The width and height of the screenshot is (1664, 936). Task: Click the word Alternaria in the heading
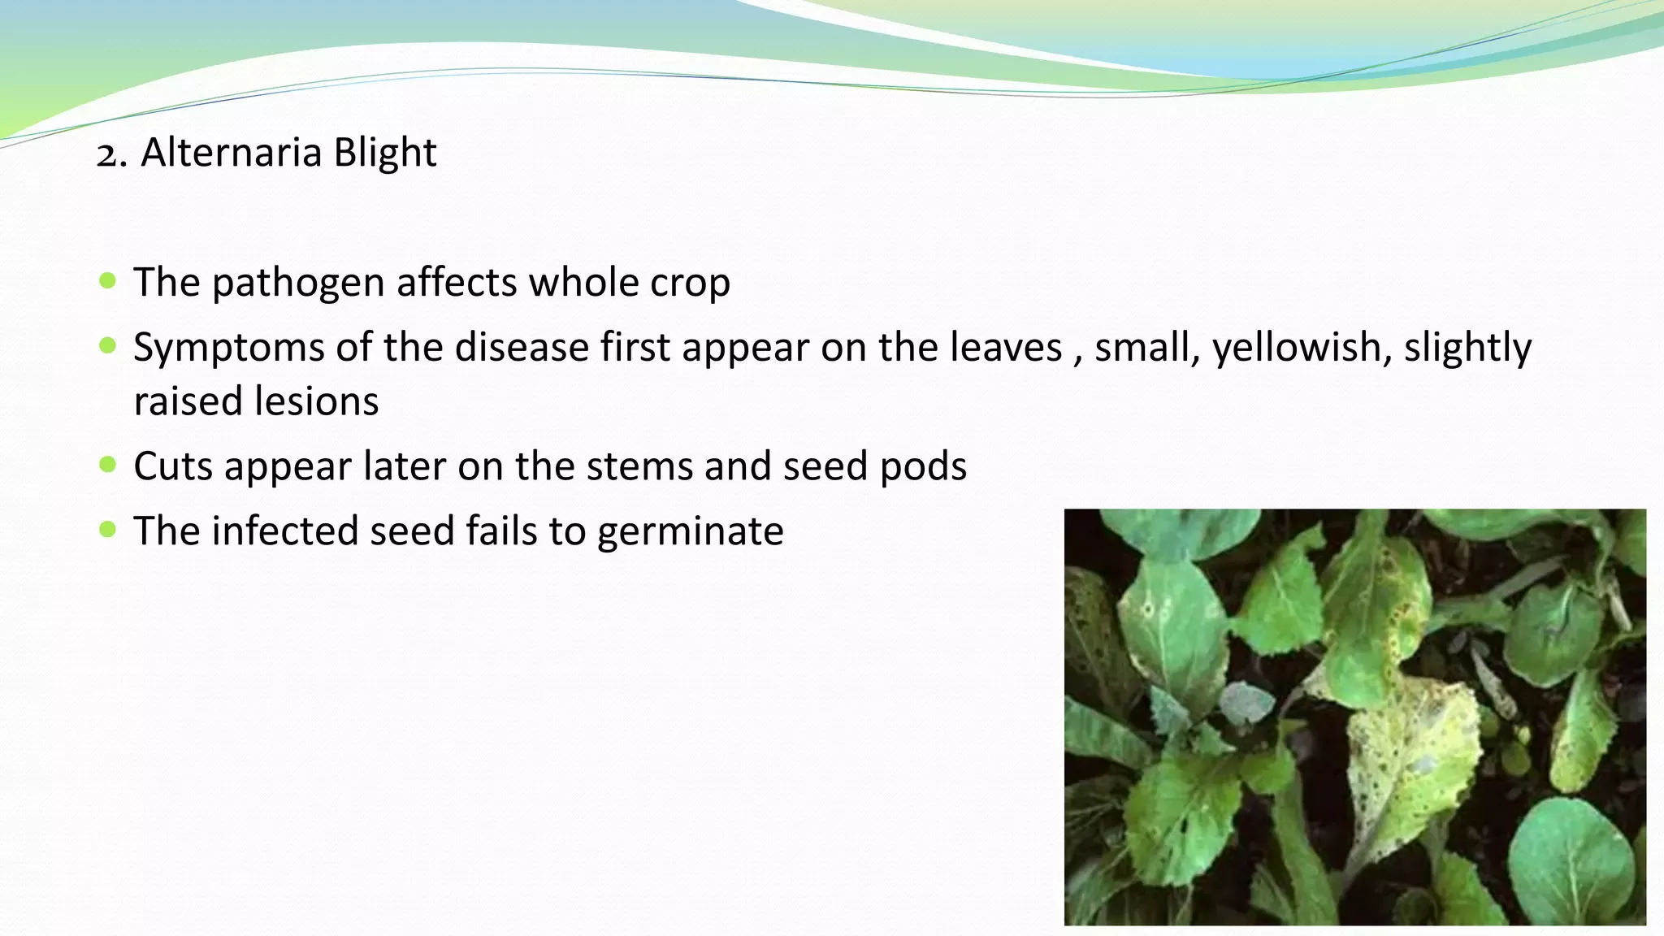pos(231,153)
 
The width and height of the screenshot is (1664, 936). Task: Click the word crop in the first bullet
pos(690,284)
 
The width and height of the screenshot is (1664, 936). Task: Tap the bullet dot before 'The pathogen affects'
pos(107,281)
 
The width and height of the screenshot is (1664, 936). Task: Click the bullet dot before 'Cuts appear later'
pos(107,465)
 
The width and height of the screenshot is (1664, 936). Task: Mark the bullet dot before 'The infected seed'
pos(107,530)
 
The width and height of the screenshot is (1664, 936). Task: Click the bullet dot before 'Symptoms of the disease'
pos(107,346)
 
